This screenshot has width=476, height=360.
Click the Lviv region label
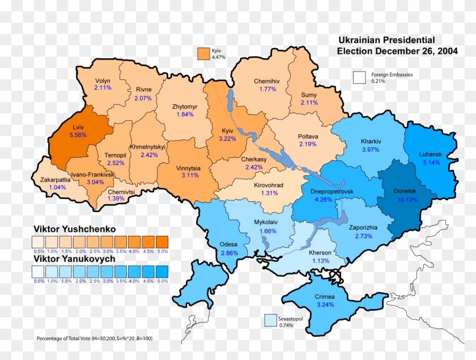pyautogui.click(x=78, y=128)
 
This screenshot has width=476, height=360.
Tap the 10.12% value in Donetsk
pyautogui.click(x=407, y=200)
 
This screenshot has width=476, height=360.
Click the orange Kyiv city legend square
pyautogui.click(x=203, y=53)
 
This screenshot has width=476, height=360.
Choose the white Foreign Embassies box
pyautogui.click(x=359, y=78)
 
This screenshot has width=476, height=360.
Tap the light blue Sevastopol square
pyautogui.click(x=270, y=321)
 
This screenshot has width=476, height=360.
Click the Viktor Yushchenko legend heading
pyautogui.click(x=74, y=229)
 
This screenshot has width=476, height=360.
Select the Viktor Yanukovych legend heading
pyautogui.click(x=74, y=259)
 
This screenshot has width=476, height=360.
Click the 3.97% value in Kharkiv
pyautogui.click(x=371, y=149)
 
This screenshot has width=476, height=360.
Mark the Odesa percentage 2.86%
pyautogui.click(x=229, y=252)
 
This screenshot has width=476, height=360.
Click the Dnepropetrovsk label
pyautogui.click(x=331, y=192)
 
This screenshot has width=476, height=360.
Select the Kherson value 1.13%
pyautogui.click(x=320, y=261)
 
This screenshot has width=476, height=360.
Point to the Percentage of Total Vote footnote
pyautogui.click(x=95, y=338)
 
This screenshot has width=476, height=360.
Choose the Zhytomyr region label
pyautogui.click(x=185, y=107)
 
